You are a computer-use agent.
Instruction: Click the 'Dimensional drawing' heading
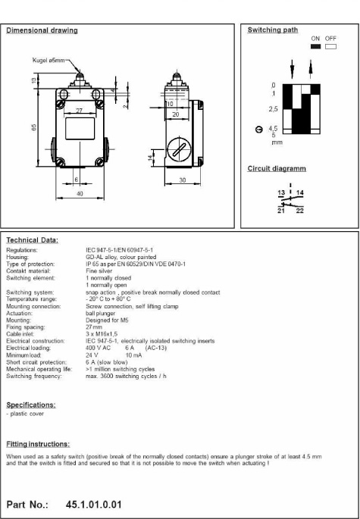[x=42, y=30]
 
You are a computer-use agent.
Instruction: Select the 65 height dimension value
[x=34, y=127]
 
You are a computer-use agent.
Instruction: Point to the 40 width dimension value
[x=80, y=194]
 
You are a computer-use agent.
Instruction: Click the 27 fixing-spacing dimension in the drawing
[x=79, y=111]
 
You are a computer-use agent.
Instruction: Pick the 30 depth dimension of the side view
[x=183, y=180]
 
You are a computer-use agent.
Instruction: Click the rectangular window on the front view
[x=80, y=129]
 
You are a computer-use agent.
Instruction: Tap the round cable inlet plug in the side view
[x=179, y=149]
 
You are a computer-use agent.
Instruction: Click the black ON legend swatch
[x=315, y=47]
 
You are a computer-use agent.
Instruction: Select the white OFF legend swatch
[x=330, y=47]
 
